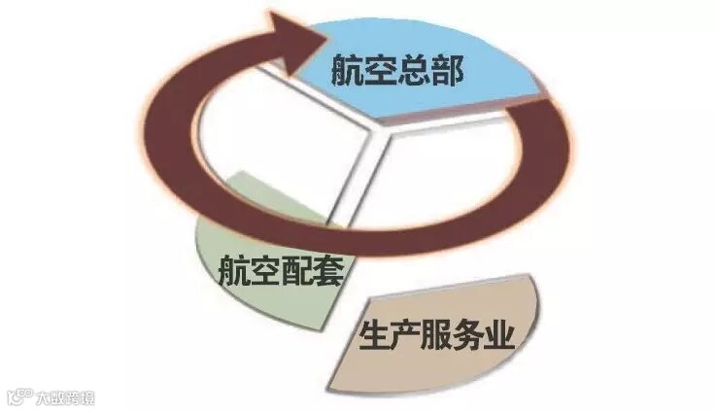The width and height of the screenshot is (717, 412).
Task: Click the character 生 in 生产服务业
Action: coord(374,335)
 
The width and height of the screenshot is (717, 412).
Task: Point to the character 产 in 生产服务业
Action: coord(408,335)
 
